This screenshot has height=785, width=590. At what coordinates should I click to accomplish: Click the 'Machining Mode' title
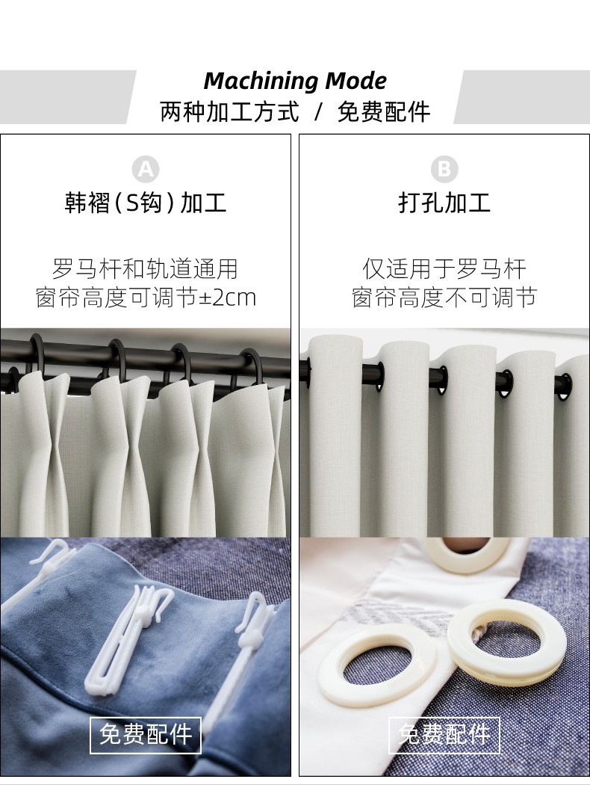(x=295, y=81)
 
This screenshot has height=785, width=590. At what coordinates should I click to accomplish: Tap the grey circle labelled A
(x=146, y=170)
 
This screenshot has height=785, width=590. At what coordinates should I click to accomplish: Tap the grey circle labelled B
(x=444, y=169)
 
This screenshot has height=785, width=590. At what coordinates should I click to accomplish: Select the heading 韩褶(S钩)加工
(x=146, y=203)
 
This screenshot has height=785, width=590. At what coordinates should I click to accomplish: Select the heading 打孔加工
(x=444, y=203)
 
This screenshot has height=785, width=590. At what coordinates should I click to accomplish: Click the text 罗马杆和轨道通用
(x=145, y=269)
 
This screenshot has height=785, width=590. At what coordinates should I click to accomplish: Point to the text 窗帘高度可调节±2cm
(x=146, y=298)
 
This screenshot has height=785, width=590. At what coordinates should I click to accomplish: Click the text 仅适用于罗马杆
(x=444, y=269)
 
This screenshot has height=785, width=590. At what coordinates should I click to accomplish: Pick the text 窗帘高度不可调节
(x=444, y=298)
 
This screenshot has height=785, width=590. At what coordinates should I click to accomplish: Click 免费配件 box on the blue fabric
(x=146, y=735)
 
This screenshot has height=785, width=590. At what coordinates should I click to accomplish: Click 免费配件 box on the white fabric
(x=444, y=735)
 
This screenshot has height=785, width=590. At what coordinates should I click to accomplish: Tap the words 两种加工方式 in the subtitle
(x=229, y=111)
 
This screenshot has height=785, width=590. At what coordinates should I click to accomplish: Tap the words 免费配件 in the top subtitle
(x=384, y=111)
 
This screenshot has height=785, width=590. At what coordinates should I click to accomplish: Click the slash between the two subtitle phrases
(x=318, y=111)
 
